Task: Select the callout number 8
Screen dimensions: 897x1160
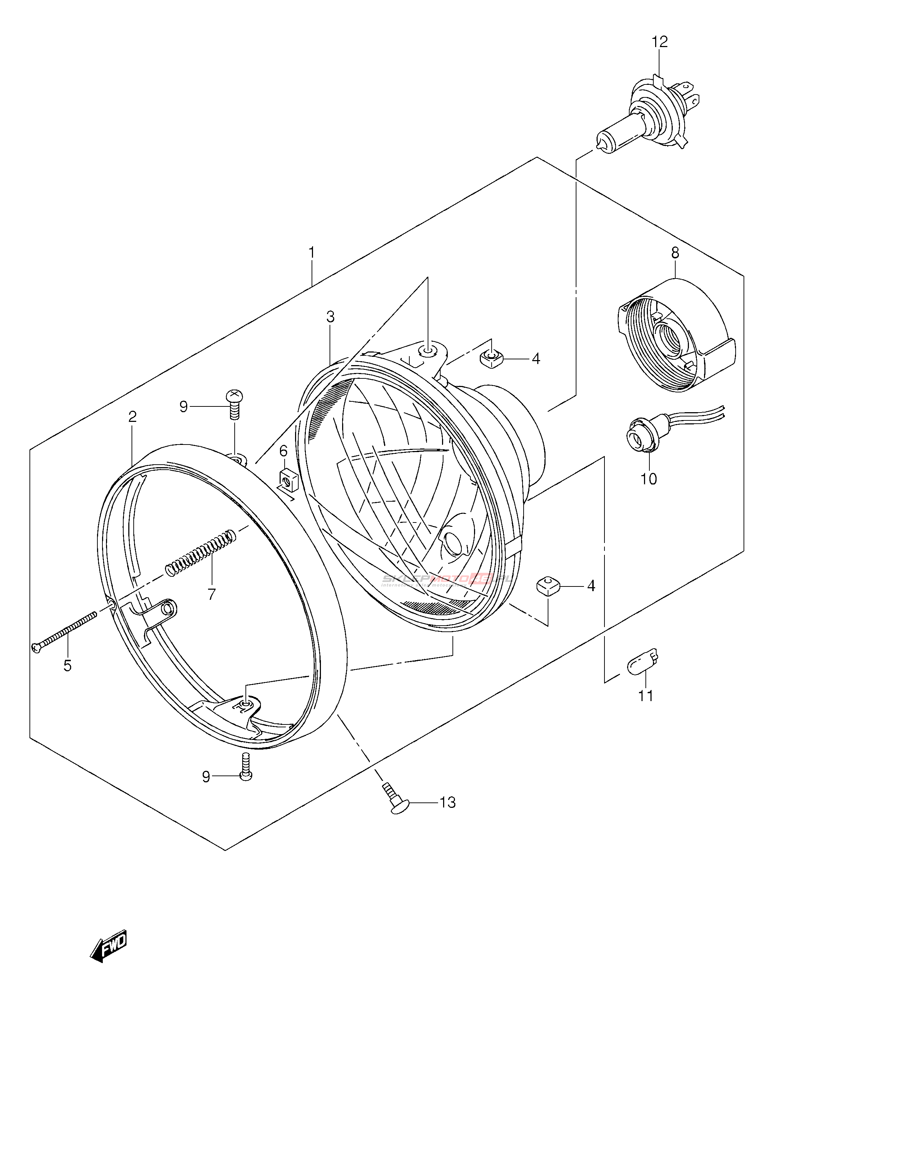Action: pyautogui.click(x=675, y=253)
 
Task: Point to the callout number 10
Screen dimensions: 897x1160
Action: pyautogui.click(x=648, y=479)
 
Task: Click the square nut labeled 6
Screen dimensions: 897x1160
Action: pyautogui.click(x=288, y=481)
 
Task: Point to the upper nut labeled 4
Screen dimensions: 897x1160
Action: pyautogui.click(x=491, y=359)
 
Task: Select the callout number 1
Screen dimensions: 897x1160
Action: pyautogui.click(x=312, y=253)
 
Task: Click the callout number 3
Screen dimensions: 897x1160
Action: pyautogui.click(x=330, y=317)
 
